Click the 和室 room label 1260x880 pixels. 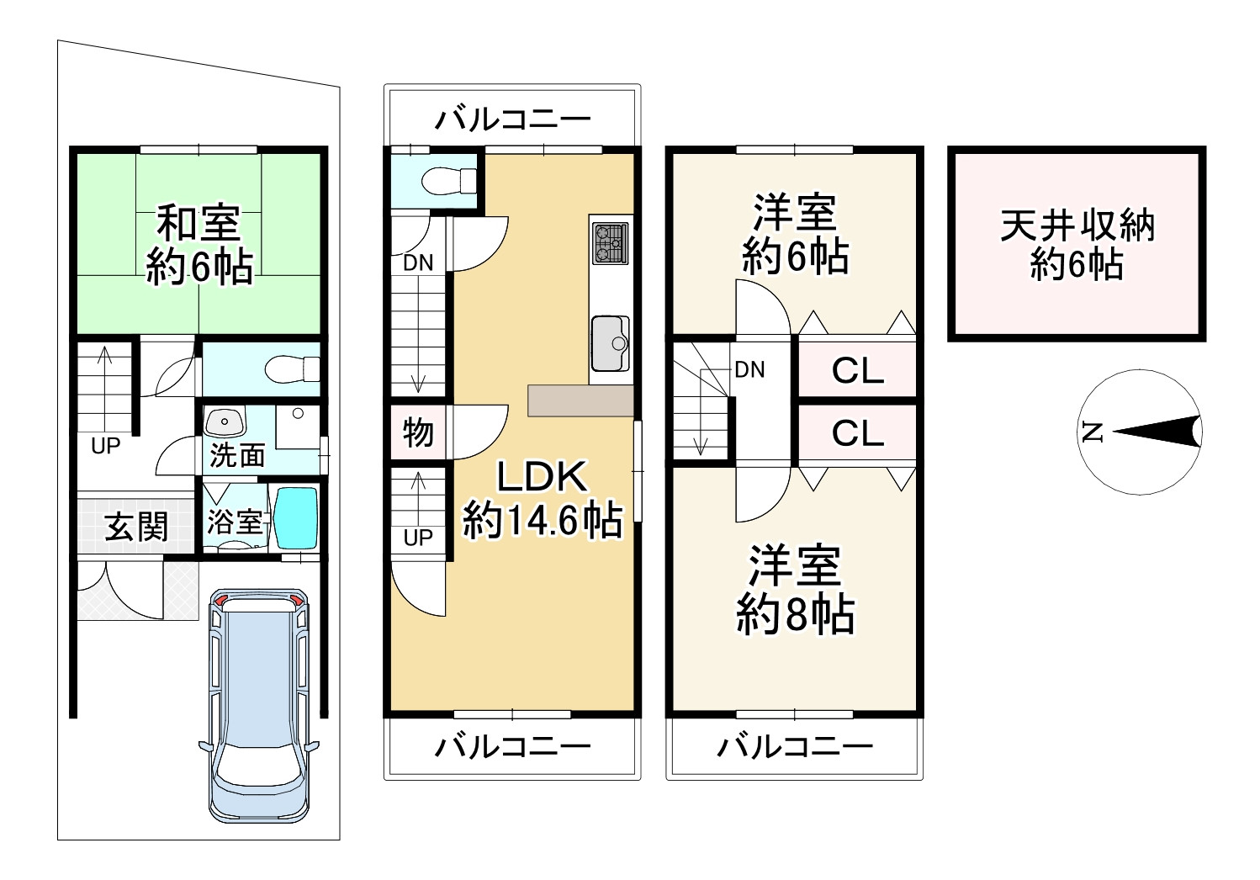pyautogui.click(x=199, y=224)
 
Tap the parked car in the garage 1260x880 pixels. pyautogui.click(x=259, y=706)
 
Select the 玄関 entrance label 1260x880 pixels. pyautogui.click(x=137, y=527)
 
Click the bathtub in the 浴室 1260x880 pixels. pyautogui.click(x=297, y=517)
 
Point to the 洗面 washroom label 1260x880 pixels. pyautogui.click(x=237, y=455)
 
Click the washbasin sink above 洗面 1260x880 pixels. pyautogui.click(x=225, y=422)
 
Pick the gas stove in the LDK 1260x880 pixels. pyautogui.click(x=610, y=243)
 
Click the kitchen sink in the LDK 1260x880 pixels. pyautogui.click(x=611, y=343)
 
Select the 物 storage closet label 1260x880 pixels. pyautogui.click(x=418, y=432)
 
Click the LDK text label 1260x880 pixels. pyautogui.click(x=542, y=477)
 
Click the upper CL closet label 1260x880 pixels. pyautogui.click(x=857, y=371)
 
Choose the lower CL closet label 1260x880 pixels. pyautogui.click(x=857, y=433)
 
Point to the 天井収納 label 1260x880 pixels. pyautogui.click(x=1077, y=226)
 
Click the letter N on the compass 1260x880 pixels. pyautogui.click(x=1093, y=432)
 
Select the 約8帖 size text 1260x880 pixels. pyautogui.click(x=795, y=614)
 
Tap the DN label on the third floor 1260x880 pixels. pyautogui.click(x=749, y=370)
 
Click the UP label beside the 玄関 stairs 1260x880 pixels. pyautogui.click(x=106, y=446)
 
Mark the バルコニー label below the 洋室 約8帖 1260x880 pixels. pyautogui.click(x=794, y=747)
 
